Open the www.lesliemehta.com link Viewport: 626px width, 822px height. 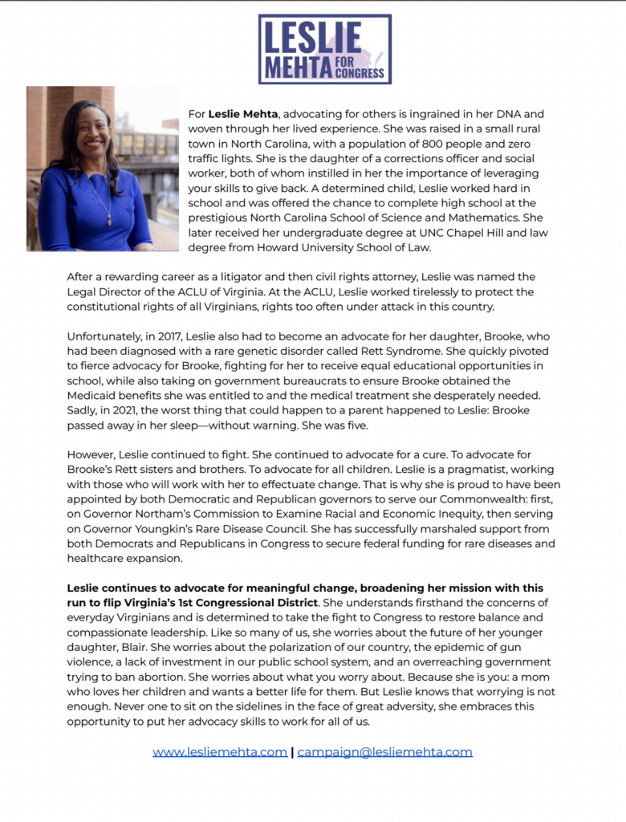click(x=220, y=752)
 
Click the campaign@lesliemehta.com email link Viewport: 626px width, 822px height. click(x=384, y=752)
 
